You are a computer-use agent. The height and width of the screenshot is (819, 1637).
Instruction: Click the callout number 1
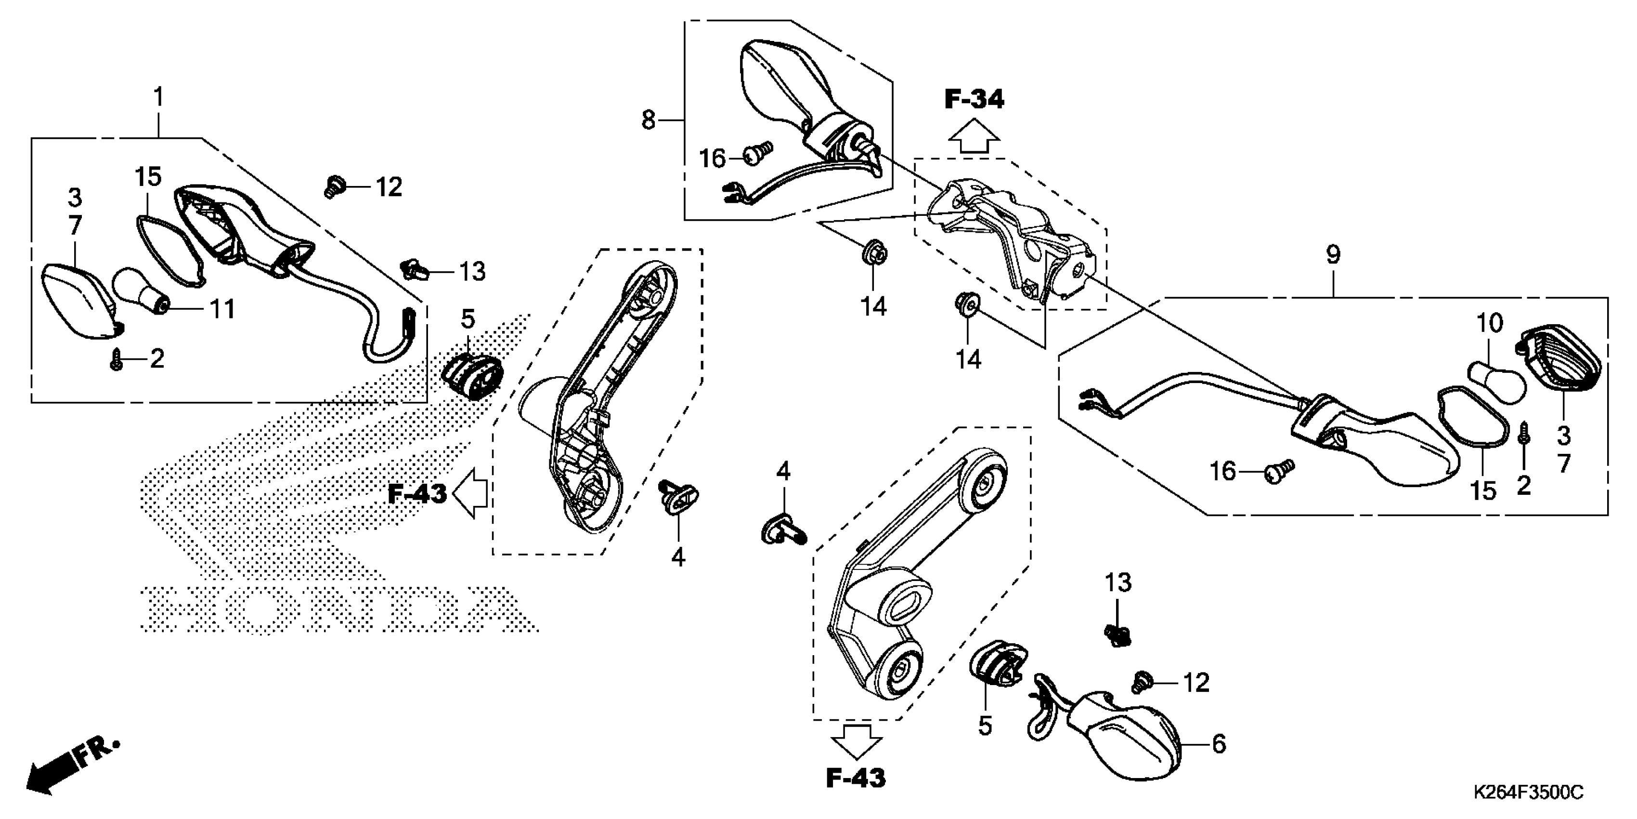click(159, 97)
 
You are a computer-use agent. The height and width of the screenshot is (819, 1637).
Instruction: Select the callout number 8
click(648, 119)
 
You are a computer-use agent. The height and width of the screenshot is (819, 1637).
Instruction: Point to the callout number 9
click(1333, 255)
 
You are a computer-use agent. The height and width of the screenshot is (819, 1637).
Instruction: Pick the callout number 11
click(222, 310)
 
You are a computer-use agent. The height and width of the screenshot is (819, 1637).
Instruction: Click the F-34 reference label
click(974, 100)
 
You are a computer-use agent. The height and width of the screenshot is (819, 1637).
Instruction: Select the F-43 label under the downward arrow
click(856, 778)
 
